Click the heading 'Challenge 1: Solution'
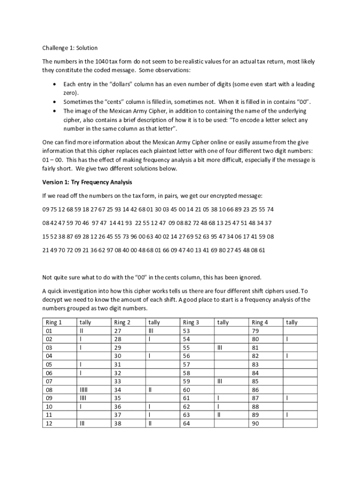coord(70,48)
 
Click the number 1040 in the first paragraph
coord(101,62)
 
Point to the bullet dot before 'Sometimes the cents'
coord(55,102)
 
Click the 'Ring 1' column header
coord(54,322)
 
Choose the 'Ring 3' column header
coord(191,322)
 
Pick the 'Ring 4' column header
coord(260,322)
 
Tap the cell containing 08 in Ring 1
coord(49,390)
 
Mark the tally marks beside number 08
coord(84,390)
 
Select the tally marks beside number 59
coord(221,381)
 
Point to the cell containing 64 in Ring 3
coord(187,423)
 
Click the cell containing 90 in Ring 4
coord(255,423)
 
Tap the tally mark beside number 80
coord(288,339)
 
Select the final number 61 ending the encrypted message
coord(262,250)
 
